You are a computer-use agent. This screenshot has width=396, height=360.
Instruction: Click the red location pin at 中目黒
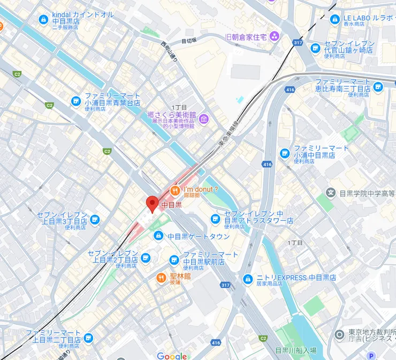pyautogui.click(x=152, y=204)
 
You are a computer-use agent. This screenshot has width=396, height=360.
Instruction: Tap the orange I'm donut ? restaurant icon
pyautogui.click(x=174, y=190)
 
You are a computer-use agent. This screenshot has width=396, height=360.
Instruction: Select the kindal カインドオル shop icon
pyautogui.click(x=43, y=20)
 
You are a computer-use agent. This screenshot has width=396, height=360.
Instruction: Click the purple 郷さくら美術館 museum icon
pyautogui.click(x=203, y=118)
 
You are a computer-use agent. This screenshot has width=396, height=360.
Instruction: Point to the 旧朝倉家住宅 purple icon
pyautogui.click(x=275, y=36)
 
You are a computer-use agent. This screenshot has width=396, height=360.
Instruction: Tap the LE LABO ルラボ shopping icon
pyautogui.click(x=335, y=20)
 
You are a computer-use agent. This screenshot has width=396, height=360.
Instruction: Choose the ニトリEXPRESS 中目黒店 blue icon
pyautogui.click(x=248, y=279)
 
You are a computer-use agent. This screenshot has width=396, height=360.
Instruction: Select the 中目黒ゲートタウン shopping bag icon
pyautogui.click(x=158, y=236)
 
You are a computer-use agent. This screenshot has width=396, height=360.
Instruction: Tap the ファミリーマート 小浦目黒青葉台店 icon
pyautogui.click(x=75, y=101)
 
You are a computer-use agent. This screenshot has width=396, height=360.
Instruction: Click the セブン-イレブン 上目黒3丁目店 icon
pyautogui.click(x=95, y=219)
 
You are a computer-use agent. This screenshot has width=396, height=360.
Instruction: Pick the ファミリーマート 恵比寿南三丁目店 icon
pyautogui.click(x=379, y=87)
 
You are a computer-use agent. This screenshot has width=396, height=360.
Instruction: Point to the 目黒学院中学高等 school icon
pyautogui.click(x=331, y=192)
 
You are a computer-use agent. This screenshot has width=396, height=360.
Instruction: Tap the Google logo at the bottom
pyautogui.click(x=172, y=356)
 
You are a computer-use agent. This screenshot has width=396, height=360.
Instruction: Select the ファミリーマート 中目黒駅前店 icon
pyautogui.click(x=174, y=260)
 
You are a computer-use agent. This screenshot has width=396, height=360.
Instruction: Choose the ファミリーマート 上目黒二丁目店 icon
pyautogui.click(x=88, y=338)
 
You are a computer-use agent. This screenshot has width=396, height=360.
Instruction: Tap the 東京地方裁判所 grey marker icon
pyautogui.click(x=339, y=335)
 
